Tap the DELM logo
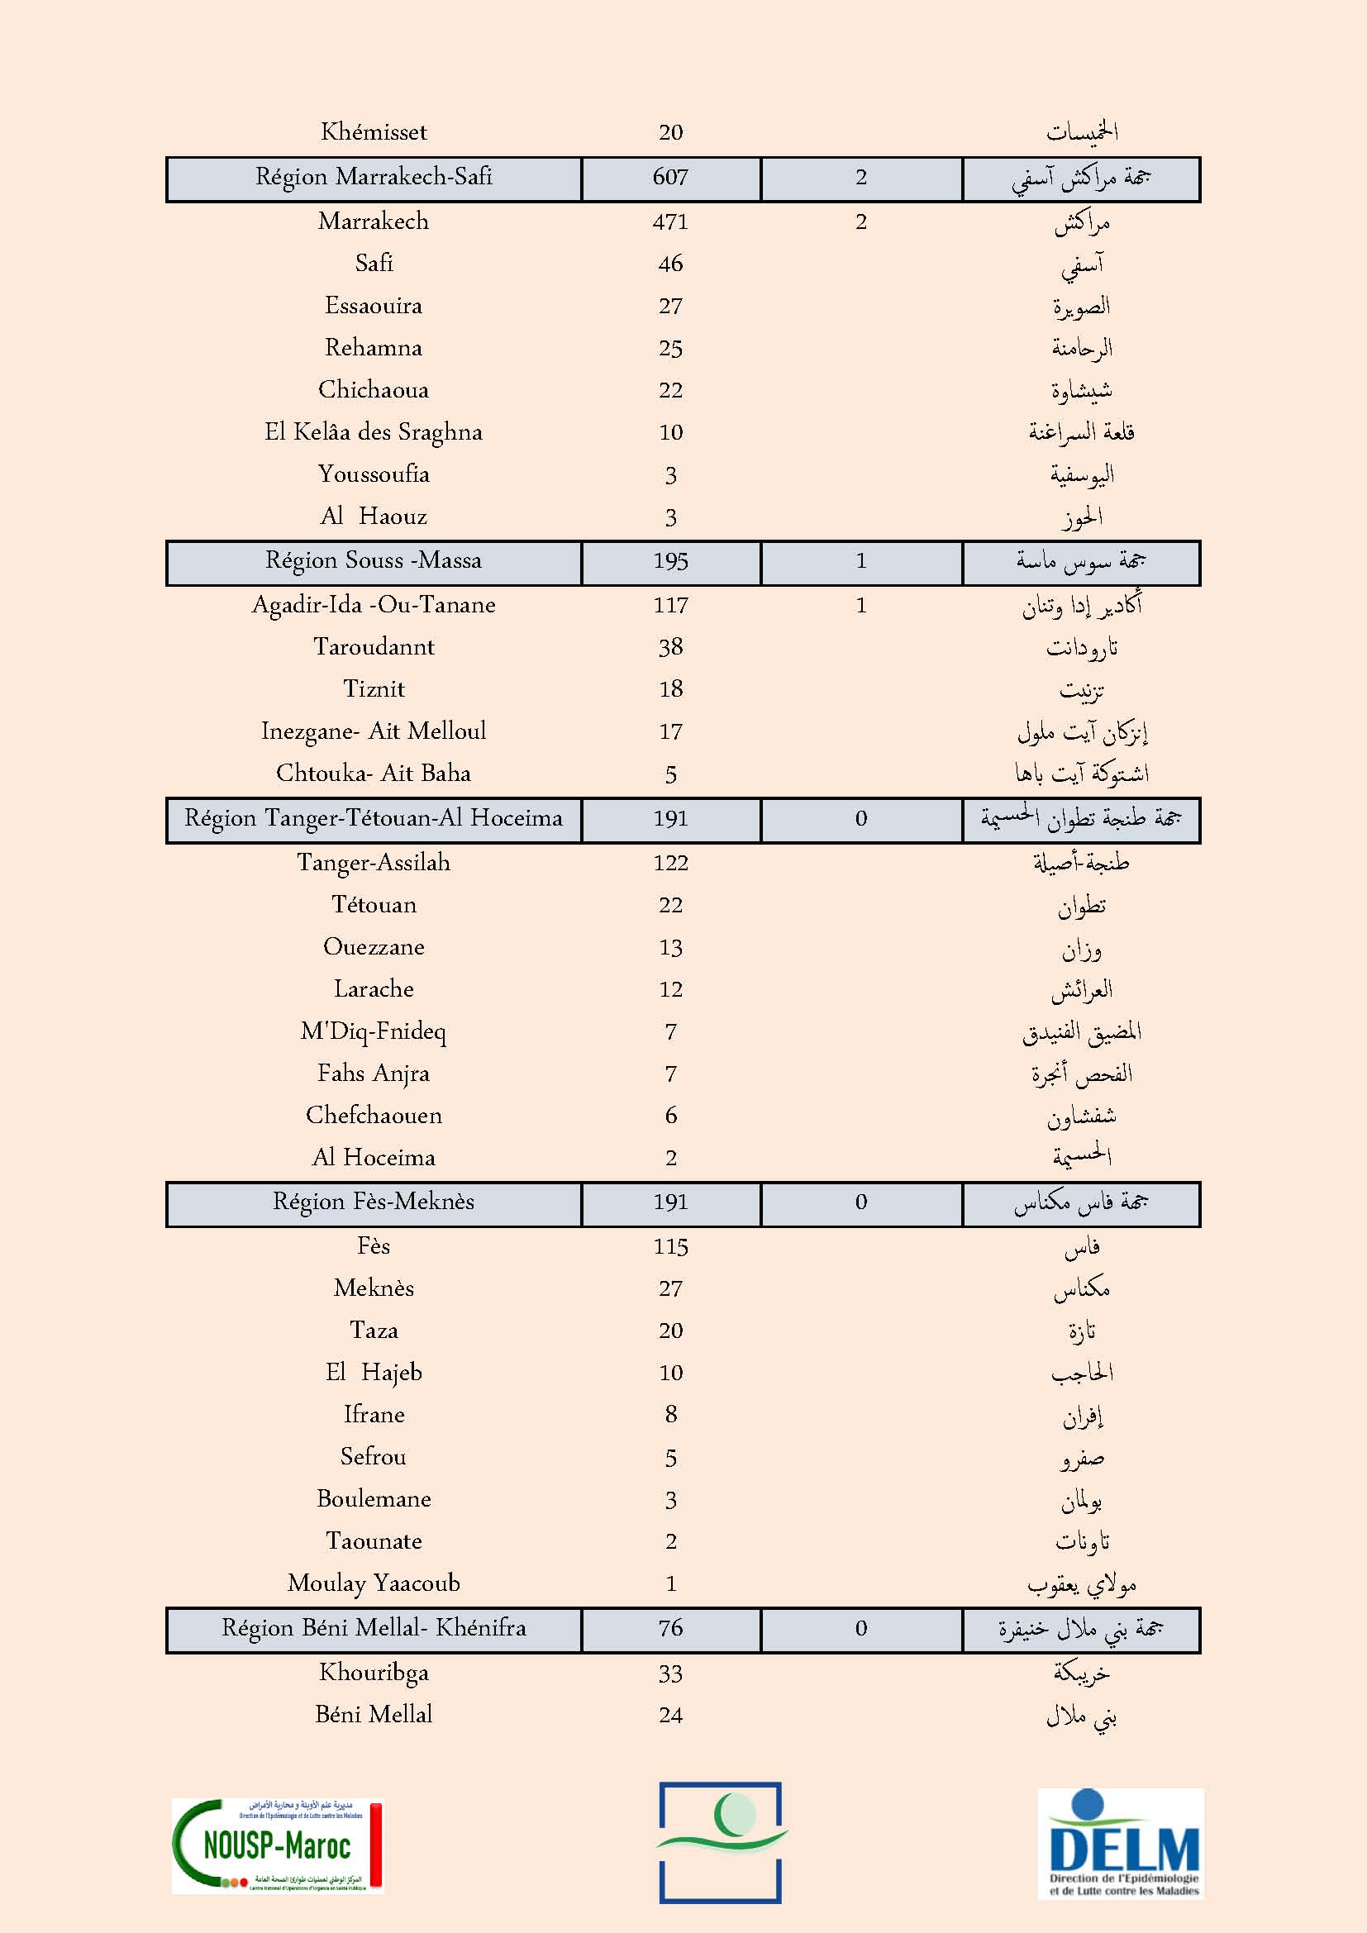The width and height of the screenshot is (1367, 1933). click(1121, 1843)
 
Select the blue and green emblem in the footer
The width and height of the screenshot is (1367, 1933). click(721, 1842)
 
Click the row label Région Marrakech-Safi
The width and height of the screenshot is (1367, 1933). click(374, 178)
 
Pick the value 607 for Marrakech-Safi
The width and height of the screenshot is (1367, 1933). click(670, 178)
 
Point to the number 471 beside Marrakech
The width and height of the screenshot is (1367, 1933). click(670, 222)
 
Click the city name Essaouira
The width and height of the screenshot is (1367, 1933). click(374, 306)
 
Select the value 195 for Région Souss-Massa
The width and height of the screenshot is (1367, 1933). click(670, 561)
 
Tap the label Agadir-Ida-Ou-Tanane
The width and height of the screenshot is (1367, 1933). click(374, 605)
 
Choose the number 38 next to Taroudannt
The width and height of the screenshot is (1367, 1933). click(670, 647)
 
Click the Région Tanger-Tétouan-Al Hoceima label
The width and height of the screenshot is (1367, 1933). click(374, 818)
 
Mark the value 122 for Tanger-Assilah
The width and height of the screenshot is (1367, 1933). click(670, 863)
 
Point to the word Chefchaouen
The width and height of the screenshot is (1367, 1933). click(374, 1116)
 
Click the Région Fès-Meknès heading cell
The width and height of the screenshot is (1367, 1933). click(374, 1202)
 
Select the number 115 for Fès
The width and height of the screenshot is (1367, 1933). click(670, 1247)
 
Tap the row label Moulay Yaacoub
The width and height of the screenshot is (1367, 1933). click(374, 1583)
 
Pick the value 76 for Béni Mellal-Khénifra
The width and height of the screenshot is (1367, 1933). click(670, 1628)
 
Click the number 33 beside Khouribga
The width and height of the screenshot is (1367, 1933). click(670, 1674)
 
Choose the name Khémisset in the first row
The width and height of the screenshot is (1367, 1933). click(374, 132)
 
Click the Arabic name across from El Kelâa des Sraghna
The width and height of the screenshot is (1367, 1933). click(1081, 433)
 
